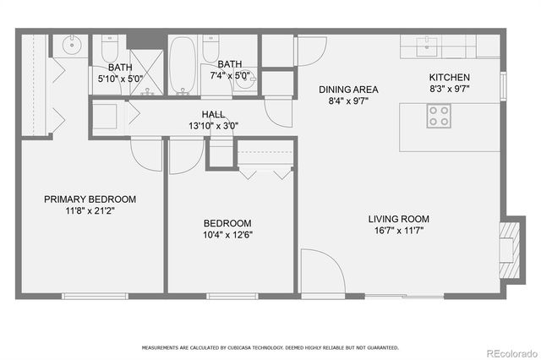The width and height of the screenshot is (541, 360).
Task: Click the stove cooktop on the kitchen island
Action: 438,116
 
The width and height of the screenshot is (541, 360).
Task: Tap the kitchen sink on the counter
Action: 429,42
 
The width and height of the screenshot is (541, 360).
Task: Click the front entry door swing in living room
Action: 320,271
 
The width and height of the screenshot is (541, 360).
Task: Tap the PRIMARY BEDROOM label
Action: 90,199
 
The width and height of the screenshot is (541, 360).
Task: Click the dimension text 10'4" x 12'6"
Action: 228,235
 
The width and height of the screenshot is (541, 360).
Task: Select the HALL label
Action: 212,114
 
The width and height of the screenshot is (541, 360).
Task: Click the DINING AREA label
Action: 347,90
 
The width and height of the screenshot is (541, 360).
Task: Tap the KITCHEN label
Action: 450,78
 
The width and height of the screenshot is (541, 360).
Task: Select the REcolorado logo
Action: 509,352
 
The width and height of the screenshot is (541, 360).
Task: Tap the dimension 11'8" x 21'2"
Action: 90,211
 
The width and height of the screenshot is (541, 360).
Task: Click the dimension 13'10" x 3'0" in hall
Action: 212,126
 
